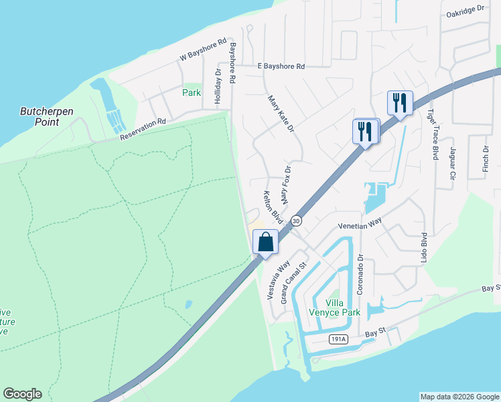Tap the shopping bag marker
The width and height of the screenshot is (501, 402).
pyautogui.click(x=266, y=242)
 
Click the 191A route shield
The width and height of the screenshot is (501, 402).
pyautogui.click(x=339, y=340)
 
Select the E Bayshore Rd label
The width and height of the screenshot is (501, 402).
pyautogui.click(x=281, y=66)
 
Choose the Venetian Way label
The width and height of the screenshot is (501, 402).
pyautogui.click(x=364, y=226)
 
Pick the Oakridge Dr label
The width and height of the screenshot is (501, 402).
pyautogui.click(x=465, y=9)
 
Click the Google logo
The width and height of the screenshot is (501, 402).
pyautogui.click(x=22, y=394)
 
